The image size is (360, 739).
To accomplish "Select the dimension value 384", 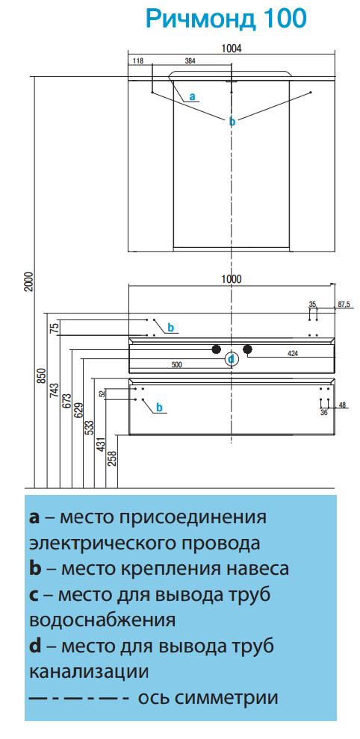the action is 190,60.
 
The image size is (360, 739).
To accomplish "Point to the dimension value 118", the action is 138,60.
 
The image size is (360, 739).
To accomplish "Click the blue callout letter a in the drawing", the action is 192,96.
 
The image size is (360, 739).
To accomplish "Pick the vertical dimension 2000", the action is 28,281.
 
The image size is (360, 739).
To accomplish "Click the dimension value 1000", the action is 232,279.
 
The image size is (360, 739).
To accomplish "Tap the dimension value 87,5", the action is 344,305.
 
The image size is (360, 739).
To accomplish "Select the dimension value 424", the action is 292,354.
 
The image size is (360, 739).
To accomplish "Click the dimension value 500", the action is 176,364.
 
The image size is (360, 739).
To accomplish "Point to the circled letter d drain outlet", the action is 232,360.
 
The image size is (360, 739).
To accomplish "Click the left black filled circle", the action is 216,349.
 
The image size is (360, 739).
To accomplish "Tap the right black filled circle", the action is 247,349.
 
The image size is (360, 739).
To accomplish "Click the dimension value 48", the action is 343,405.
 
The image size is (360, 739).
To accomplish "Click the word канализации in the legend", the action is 89,671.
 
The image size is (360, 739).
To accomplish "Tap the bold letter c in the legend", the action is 34,595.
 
